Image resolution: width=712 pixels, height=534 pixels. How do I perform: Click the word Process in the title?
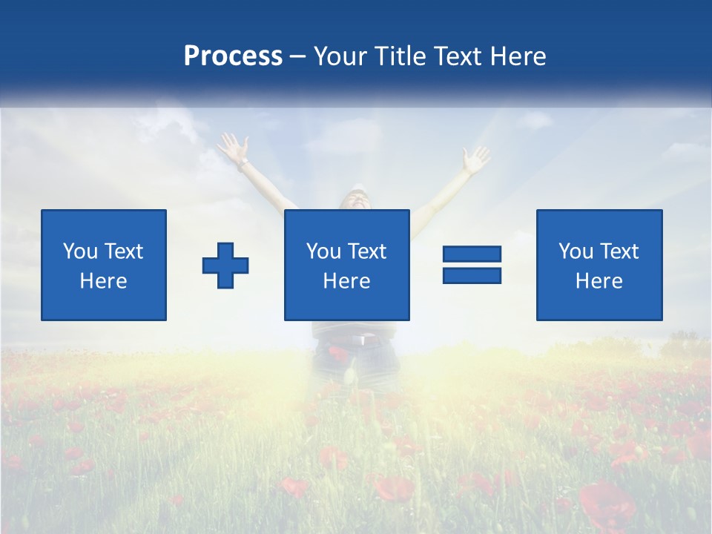(x=233, y=56)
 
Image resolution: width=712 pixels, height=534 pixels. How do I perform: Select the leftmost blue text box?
(x=104, y=265)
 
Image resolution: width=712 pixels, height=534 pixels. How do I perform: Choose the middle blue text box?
(x=346, y=265)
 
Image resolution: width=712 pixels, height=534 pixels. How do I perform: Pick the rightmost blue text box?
(x=599, y=265)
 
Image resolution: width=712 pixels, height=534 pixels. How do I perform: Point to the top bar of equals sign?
(x=472, y=254)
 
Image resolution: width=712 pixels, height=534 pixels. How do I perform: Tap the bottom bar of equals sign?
(x=472, y=275)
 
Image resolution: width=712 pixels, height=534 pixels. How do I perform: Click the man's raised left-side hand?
(x=233, y=147)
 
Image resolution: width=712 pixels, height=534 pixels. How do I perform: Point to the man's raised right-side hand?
(x=475, y=158)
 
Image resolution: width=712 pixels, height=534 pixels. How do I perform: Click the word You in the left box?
(x=80, y=251)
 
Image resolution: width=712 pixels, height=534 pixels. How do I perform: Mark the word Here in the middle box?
(x=346, y=281)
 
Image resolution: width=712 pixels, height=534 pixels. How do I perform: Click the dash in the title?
(x=298, y=56)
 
